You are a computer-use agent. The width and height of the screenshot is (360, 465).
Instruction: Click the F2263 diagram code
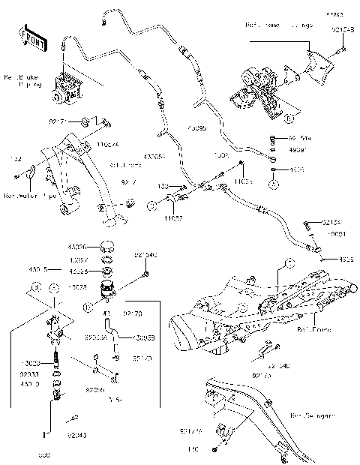334,14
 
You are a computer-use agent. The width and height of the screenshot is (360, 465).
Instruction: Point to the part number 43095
195,127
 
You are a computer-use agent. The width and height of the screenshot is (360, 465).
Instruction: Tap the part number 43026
78,245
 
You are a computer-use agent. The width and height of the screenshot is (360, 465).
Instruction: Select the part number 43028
77,287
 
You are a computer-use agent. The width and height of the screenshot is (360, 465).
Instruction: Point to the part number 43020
31,363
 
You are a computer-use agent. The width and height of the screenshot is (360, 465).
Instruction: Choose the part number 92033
30,372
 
